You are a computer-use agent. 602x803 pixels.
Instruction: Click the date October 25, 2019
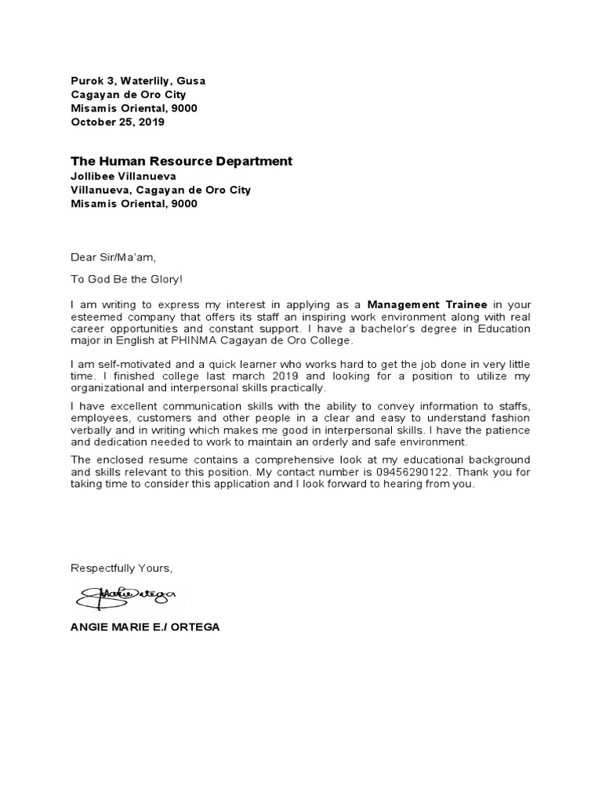click(118, 122)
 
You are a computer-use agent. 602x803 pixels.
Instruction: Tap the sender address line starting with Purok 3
click(139, 81)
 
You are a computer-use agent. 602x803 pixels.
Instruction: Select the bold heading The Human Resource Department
click(181, 161)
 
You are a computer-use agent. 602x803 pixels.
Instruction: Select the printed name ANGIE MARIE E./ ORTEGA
click(145, 628)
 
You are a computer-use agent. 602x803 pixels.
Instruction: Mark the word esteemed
click(96, 316)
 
